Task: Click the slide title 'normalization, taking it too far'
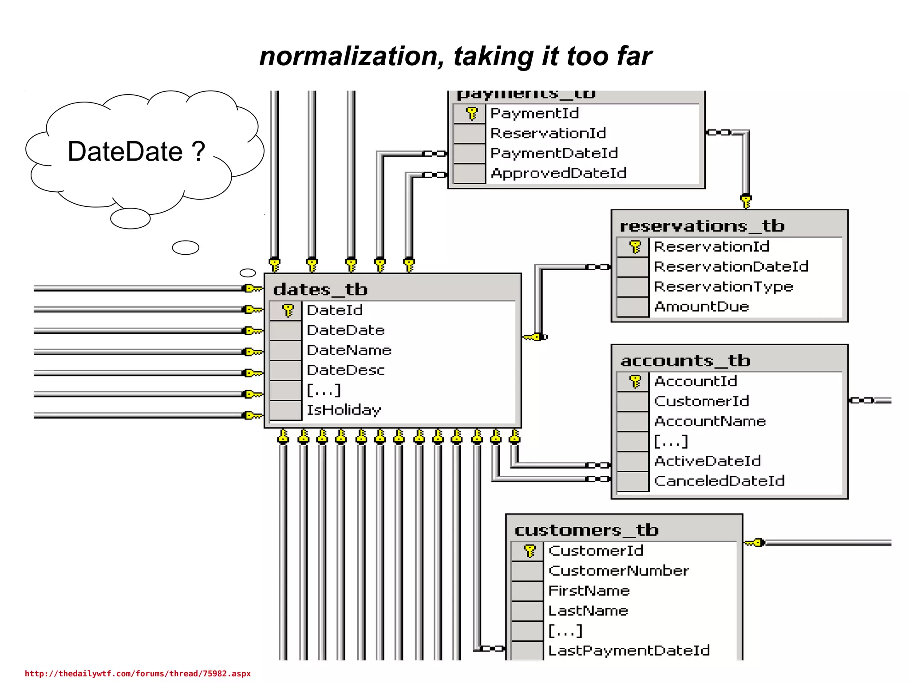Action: pos(455,57)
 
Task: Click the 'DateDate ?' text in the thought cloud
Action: pos(136,151)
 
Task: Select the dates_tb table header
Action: pos(320,289)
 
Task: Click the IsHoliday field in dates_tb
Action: pos(344,410)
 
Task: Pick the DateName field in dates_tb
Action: pos(349,350)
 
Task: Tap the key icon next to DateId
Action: pos(288,310)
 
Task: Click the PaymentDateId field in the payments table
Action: pos(554,153)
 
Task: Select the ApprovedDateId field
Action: pos(558,173)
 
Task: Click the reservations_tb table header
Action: pos(702,226)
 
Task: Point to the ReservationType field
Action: pos(723,287)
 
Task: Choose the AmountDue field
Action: pos(701,307)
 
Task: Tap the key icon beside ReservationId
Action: pos(635,247)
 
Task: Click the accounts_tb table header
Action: pos(685,360)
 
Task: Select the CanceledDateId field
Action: pos(719,481)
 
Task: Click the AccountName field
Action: pos(710,421)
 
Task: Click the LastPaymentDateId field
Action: pos(629,651)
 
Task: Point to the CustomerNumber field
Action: pos(618,571)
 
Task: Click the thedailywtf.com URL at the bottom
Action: pos(138,674)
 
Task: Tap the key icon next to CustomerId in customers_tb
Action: pos(530,551)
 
